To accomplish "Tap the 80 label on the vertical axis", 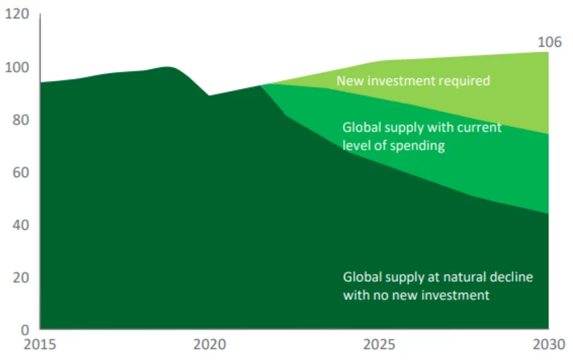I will point(20,120).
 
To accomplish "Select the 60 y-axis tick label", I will point(20,173).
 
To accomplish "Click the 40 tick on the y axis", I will point(20,225).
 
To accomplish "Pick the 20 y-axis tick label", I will point(20,278).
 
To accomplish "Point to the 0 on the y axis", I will point(24,330).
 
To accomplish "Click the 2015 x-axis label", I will point(40,345).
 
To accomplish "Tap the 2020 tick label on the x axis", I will point(208,345).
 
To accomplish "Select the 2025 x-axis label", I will point(379,345).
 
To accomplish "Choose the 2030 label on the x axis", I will point(547,345).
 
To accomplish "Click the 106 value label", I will point(549,42).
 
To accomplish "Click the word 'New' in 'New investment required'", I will point(349,81).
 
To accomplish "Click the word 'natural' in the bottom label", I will point(472,276).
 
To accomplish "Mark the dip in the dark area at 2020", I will point(209,96).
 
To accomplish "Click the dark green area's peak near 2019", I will point(168,67).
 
